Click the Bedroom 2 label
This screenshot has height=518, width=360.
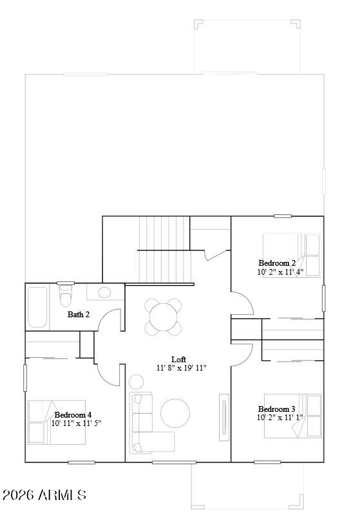pyautogui.click(x=277, y=263)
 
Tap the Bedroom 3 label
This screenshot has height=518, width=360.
pyautogui.click(x=277, y=409)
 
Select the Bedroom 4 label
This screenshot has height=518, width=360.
pyautogui.click(x=73, y=414)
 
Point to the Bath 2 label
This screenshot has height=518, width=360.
pyautogui.click(x=79, y=315)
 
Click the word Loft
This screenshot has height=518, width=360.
pyautogui.click(x=178, y=359)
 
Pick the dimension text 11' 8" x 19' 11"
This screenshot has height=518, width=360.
pyautogui.click(x=181, y=368)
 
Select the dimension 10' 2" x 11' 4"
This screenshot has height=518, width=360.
pyautogui.click(x=280, y=272)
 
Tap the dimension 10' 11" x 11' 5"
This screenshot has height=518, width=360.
pyautogui.click(x=76, y=423)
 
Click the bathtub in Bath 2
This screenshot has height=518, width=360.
pyautogui.click(x=38, y=307)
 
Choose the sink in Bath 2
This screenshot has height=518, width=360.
pyautogui.click(x=103, y=293)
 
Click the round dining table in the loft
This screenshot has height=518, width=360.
pyautogui.click(x=163, y=317)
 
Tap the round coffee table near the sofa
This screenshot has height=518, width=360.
pyautogui.click(x=175, y=413)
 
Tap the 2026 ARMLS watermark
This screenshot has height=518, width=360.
pyautogui.click(x=44, y=495)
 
